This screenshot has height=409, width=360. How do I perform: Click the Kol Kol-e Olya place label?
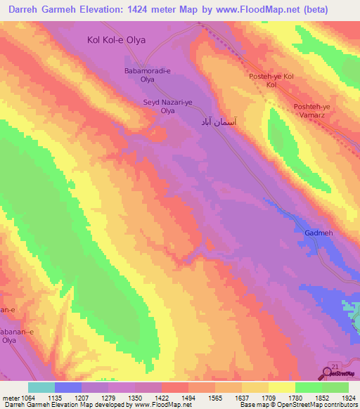click(116, 40)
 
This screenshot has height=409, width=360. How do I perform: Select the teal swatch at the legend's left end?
click(41, 387)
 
